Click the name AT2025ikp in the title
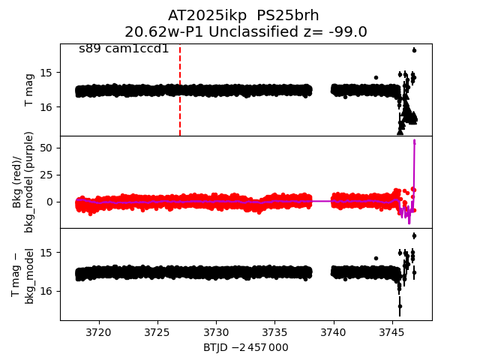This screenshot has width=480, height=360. [x=202, y=15]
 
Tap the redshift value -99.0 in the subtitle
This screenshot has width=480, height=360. [x=346, y=31]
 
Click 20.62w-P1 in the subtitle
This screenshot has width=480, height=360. [x=157, y=31]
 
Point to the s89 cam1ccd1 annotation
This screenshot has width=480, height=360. [x=124, y=49]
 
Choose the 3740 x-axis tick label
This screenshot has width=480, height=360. [x=333, y=332]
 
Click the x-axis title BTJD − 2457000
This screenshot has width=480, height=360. [x=246, y=347]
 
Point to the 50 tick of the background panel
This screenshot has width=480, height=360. [x=46, y=148]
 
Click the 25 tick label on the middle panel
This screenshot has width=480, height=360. [x=46, y=175]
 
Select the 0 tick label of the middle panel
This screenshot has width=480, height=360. [x=49, y=201]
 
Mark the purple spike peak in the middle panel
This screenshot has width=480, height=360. [x=414, y=141]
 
